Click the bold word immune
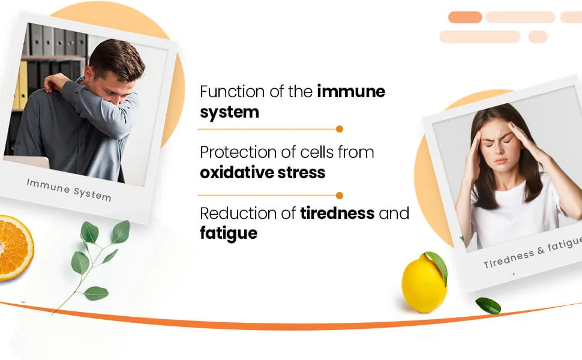(351, 91)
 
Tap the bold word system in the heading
(229, 112)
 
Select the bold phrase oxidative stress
(262, 173)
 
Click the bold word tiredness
(337, 213)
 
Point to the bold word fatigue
(229, 233)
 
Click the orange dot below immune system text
(339, 129)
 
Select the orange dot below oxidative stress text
(339, 195)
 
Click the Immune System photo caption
(69, 190)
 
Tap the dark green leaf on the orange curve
(488, 305)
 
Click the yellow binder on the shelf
(21, 85)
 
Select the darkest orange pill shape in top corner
(465, 17)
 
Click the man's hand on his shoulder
(56, 82)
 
